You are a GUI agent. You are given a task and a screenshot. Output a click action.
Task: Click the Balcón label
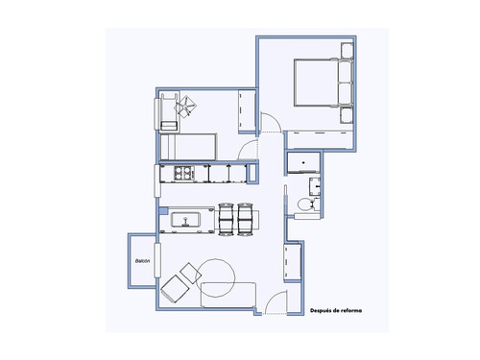pyautogui.click(x=142, y=261)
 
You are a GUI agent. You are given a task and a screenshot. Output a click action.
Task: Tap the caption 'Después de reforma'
pyautogui.click(x=336, y=310)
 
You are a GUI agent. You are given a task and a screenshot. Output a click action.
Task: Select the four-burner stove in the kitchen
pyautogui.click(x=184, y=173)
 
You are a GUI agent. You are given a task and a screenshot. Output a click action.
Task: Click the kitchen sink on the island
pyautogui.click(x=185, y=220)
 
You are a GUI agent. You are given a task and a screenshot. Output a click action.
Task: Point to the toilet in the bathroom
pyautogui.click(x=305, y=204)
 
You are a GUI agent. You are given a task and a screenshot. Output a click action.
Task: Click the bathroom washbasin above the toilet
pyautogui.click(x=315, y=186)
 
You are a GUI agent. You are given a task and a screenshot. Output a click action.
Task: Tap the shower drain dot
pyautogui.click(x=303, y=163)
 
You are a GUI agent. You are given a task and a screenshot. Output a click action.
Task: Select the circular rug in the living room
pyautogui.click(x=214, y=277)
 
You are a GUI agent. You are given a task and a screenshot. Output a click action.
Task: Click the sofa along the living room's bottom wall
pyautogui.click(x=228, y=295)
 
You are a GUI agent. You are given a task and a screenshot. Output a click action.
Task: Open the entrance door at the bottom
pyautogui.click(x=276, y=302)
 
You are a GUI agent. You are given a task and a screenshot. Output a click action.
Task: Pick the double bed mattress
pyautogui.click(x=316, y=83)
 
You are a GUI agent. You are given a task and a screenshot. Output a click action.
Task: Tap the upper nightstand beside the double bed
pyautogui.click(x=347, y=50)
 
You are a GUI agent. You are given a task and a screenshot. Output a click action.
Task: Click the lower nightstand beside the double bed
pyautogui.click(x=347, y=115)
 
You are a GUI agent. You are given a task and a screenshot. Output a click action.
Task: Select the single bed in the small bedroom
pyautogui.click(x=188, y=147)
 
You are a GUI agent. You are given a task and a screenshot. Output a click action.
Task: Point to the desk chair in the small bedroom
pyautogui.click(x=185, y=106)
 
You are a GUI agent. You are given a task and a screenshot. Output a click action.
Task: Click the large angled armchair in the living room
pyautogui.click(x=175, y=289)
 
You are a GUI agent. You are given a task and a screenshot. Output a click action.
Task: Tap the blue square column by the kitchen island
pyautogui.click(x=163, y=210)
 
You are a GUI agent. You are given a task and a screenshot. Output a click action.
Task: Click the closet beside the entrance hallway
pyautogui.click(x=293, y=262)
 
